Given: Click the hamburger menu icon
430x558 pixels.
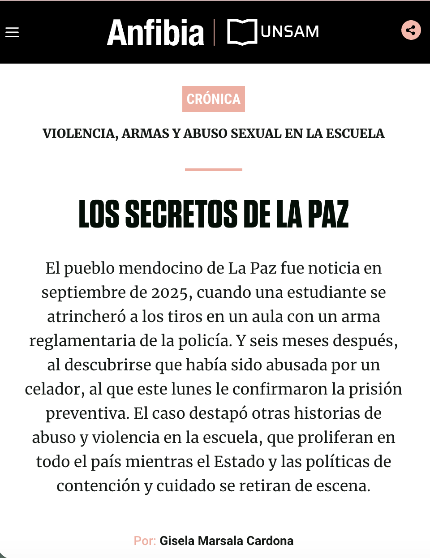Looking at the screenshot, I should (12, 32).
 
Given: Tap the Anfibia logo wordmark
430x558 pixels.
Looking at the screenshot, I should (155, 33).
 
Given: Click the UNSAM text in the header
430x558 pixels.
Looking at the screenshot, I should (290, 32).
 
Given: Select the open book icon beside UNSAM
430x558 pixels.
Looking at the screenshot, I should (242, 32).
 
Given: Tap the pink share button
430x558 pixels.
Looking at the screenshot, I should (411, 30).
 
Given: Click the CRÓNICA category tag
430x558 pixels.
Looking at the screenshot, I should (214, 99).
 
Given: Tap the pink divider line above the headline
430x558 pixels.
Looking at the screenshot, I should (214, 170).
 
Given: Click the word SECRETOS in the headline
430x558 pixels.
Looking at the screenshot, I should (181, 214).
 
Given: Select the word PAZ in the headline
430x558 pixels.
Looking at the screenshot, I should (328, 214).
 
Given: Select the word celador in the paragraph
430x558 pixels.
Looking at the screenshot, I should (52, 389).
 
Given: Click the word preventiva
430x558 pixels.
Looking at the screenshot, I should (87, 413).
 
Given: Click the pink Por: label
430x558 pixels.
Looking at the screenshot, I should (145, 541).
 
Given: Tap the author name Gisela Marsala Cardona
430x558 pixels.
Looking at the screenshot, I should (227, 541).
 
